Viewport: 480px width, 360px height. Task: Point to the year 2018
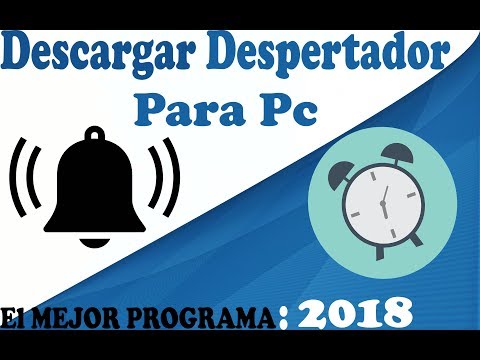tap(354, 312)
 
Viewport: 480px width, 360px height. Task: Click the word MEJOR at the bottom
tap(76, 315)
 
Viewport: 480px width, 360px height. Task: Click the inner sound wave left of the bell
tap(37, 185)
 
